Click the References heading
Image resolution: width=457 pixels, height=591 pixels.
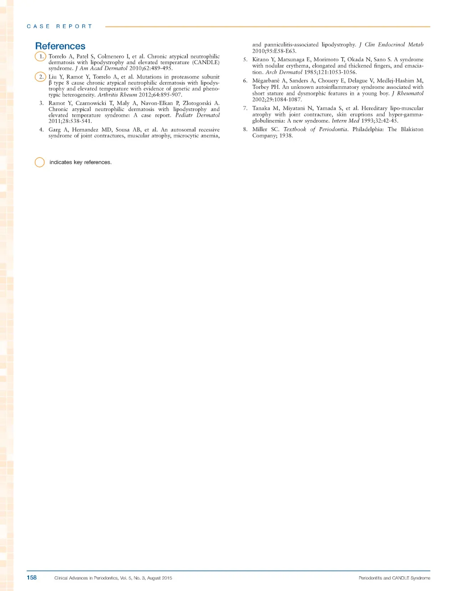click(60, 46)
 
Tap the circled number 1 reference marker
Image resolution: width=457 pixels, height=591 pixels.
click(41, 56)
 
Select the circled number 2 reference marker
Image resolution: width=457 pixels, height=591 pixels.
click(41, 77)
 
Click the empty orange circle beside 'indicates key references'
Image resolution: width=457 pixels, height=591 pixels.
click(40, 162)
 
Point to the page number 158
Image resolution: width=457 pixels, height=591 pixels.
click(32, 577)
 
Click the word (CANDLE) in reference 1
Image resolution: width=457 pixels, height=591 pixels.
click(206, 62)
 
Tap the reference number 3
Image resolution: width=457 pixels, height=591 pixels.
click(42, 103)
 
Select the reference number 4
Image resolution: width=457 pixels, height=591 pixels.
click(42, 130)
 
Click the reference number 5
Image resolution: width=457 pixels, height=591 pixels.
click(245, 59)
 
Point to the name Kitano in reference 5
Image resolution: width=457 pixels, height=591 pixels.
click(261, 59)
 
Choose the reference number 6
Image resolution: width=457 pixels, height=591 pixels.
click(245, 81)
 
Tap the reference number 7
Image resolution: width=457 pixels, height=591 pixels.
click(245, 108)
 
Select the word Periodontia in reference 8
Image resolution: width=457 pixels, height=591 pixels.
click(333, 129)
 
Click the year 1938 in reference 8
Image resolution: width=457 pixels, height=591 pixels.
click(286, 136)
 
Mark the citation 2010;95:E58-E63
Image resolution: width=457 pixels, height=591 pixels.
click(274, 51)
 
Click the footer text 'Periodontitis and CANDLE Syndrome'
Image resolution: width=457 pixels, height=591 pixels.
click(395, 578)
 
